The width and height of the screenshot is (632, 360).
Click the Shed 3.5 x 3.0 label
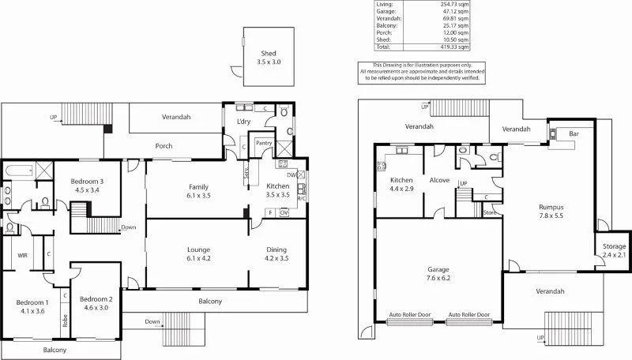[x=269, y=56]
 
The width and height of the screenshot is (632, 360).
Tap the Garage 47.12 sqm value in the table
[x=453, y=11]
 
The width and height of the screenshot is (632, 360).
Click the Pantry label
[x=265, y=143]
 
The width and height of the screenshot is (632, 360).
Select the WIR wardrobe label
[x=23, y=255]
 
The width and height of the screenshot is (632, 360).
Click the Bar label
[x=574, y=134]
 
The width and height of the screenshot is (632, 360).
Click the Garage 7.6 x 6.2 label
[x=439, y=272]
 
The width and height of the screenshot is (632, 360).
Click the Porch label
[x=164, y=145]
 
